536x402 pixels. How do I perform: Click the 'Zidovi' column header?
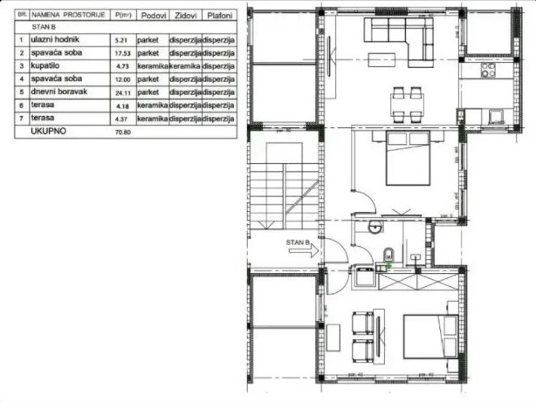(x=185, y=15)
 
